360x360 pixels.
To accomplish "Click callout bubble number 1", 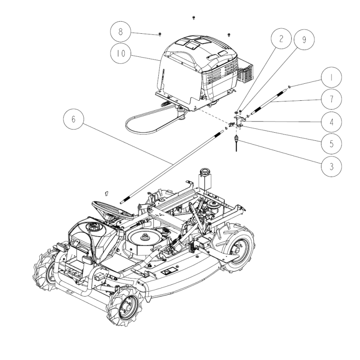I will [x=330, y=77].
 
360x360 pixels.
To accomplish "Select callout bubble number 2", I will [x=281, y=39].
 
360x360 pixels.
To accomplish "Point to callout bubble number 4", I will [x=330, y=121].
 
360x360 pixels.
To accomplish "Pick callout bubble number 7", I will [x=330, y=99].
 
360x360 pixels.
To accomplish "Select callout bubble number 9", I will [x=304, y=40].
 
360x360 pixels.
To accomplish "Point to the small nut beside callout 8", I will [x=161, y=34].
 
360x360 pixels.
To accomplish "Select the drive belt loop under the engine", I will [x=148, y=121].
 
